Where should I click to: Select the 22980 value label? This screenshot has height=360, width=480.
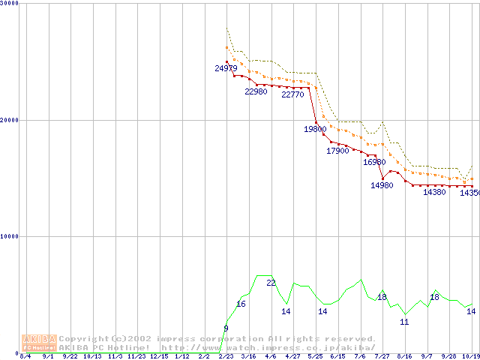(256, 91)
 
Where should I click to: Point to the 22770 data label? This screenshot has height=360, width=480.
(292, 94)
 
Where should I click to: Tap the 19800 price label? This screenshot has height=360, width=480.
(315, 129)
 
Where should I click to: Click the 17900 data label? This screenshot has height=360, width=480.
(337, 151)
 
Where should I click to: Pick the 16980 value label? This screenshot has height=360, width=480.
(374, 162)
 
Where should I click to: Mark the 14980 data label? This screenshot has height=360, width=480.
(382, 185)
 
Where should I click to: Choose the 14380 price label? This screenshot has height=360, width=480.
(434, 192)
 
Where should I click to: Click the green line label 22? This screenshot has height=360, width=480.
(271, 283)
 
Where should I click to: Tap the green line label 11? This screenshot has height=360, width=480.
(404, 322)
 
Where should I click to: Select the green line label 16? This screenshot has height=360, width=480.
(241, 304)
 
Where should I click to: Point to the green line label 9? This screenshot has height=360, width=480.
(226, 328)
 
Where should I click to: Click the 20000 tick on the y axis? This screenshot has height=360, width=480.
(8, 120)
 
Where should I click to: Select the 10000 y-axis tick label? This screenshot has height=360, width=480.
(8, 236)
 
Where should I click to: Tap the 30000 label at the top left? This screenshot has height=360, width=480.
(8, 3)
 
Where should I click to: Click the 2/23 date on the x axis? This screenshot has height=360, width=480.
(226, 356)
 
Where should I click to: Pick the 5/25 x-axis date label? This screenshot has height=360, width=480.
(315, 356)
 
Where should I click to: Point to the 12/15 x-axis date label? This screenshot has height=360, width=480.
(159, 356)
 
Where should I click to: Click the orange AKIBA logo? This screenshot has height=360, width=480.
(39, 343)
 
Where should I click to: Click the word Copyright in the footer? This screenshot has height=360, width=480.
(84, 338)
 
